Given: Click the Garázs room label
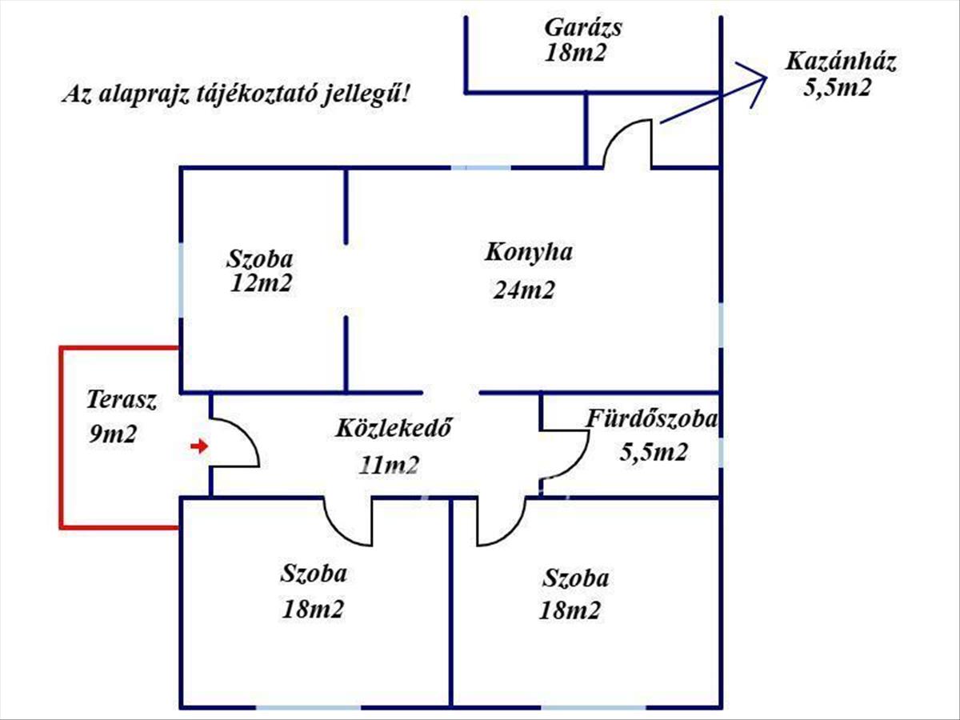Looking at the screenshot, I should click(583, 27).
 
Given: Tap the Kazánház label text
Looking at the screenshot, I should click(840, 62).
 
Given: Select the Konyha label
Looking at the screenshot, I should click(529, 252).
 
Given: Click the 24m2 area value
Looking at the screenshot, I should click(524, 290).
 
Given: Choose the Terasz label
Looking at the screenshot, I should click(122, 400).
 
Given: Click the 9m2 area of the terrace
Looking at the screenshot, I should click(114, 434).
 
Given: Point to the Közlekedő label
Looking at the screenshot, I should click(394, 427).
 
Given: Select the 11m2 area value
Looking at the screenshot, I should click(390, 465).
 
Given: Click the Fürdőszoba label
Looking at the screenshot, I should click(653, 418).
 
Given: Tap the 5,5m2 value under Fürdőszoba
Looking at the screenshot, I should click(654, 453).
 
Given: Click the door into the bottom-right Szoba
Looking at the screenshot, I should click(500, 524).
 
